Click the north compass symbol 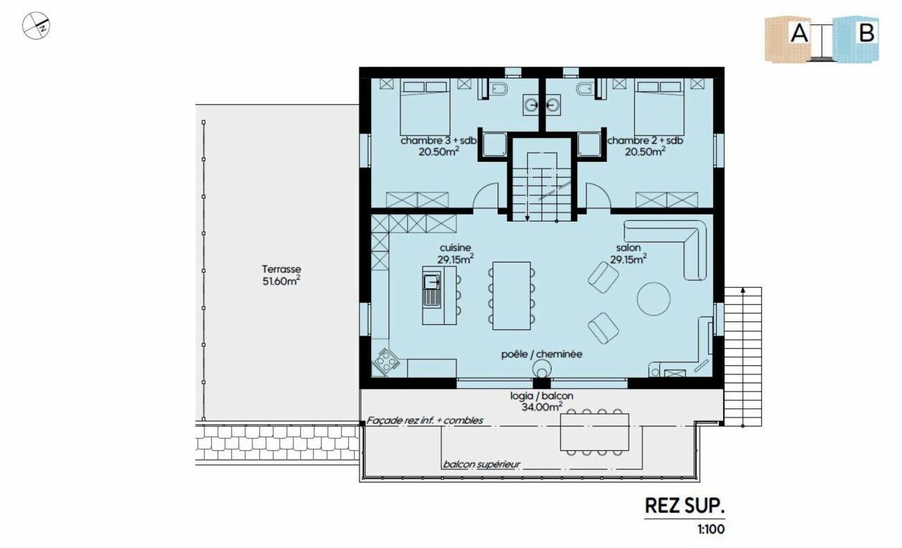click(x=36, y=26)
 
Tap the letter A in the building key click(x=799, y=33)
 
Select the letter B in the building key click(x=867, y=33)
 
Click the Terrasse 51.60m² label click(x=282, y=275)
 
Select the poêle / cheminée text click(x=542, y=354)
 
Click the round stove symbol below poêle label click(x=542, y=368)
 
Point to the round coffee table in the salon click(x=654, y=299)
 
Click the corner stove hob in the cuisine click(x=386, y=361)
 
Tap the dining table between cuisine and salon click(x=511, y=296)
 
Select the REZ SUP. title click(x=685, y=506)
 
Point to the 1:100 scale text click(x=711, y=529)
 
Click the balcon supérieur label click(x=482, y=465)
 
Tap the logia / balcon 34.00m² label click(x=542, y=401)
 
